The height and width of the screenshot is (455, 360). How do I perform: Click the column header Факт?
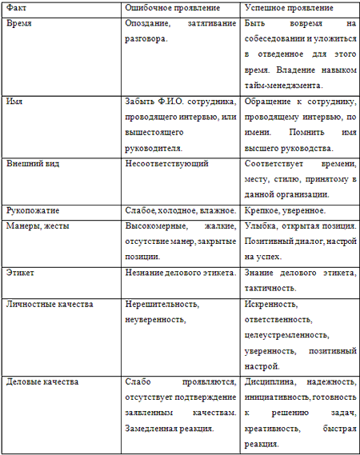pyautogui.click(x=16, y=7)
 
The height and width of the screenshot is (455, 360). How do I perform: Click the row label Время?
pyautogui.click(x=20, y=25)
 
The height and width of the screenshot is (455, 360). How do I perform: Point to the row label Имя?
pyautogui.click(x=14, y=102)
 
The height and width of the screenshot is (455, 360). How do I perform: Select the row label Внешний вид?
pyautogui.click(x=33, y=164)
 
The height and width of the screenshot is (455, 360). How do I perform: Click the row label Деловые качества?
pyautogui.click(x=42, y=381)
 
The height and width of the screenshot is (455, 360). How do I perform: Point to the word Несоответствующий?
pyautogui.click(x=167, y=164)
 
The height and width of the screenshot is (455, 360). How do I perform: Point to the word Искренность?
pyautogui.click(x=270, y=304)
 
